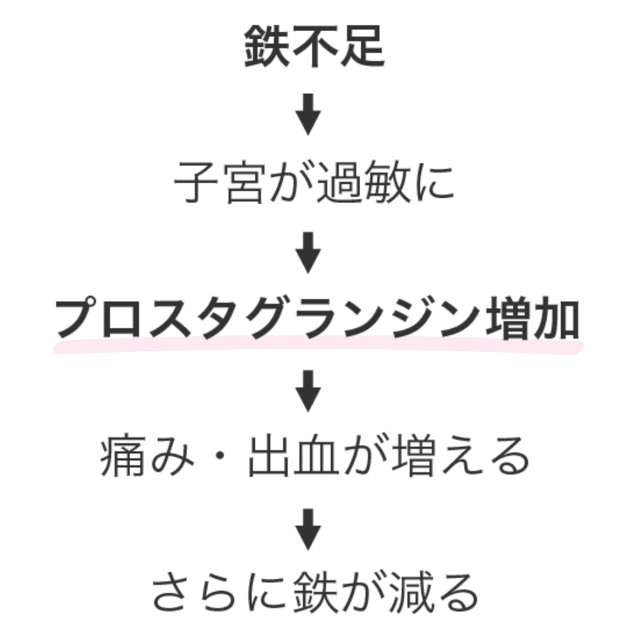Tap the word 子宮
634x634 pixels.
pos(219,184)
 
